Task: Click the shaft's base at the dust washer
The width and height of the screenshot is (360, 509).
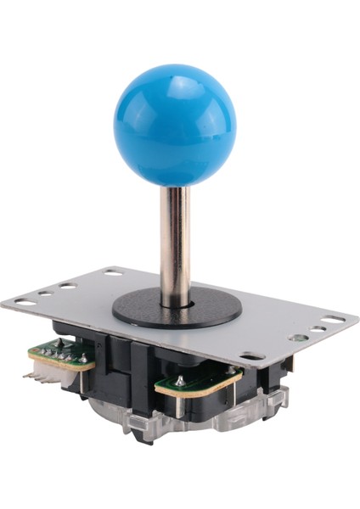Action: coord(178,299)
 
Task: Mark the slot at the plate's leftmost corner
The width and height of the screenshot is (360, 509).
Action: coord(26,302)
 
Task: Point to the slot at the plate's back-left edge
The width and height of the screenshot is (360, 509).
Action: coord(113,273)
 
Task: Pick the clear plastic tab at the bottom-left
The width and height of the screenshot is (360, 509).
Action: coord(136,428)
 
